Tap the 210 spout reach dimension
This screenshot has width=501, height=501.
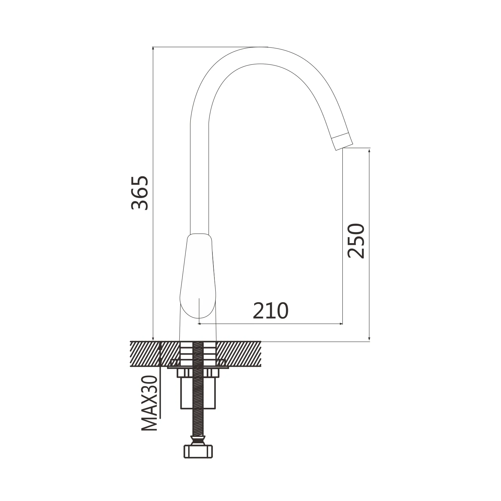[x=271, y=311]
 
